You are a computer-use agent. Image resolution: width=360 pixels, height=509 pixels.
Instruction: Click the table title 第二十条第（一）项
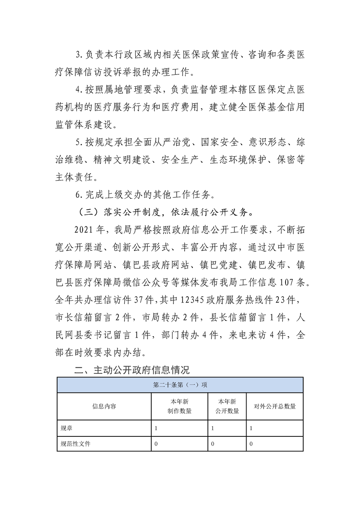(x=180, y=385)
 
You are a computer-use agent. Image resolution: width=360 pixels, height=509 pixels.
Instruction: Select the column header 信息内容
(x=104, y=406)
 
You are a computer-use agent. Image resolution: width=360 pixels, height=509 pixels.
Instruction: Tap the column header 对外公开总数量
(x=275, y=406)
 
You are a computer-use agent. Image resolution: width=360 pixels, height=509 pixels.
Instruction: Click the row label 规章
(x=66, y=428)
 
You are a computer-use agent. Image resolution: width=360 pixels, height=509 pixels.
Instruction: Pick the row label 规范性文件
(x=76, y=444)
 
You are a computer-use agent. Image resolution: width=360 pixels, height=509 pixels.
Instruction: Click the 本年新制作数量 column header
(x=179, y=406)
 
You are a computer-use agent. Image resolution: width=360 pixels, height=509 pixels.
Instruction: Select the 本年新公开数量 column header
(x=227, y=406)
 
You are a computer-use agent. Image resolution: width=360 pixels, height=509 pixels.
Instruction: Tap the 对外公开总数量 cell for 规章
(x=252, y=428)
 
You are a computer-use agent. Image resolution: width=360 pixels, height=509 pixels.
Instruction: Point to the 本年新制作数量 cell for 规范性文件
(x=156, y=444)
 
